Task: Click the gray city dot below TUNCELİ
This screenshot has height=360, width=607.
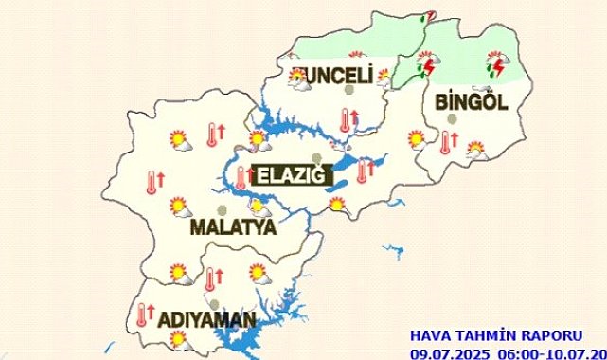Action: pyautogui.click(x=349, y=92)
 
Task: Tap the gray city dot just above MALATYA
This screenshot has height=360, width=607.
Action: pyautogui.click(x=222, y=209)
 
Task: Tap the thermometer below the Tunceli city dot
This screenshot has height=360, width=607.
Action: pyautogui.click(x=347, y=119)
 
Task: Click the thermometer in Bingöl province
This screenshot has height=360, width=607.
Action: pyautogui.click(x=446, y=142)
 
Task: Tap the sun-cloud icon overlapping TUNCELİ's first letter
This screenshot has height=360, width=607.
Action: pyautogui.click(x=300, y=79)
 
